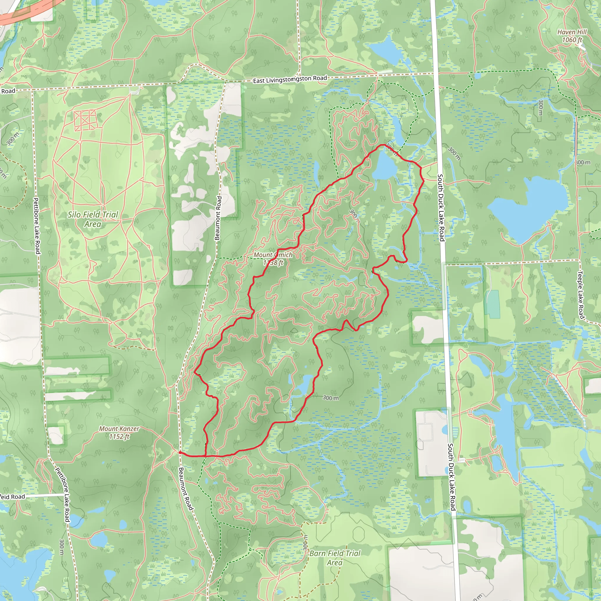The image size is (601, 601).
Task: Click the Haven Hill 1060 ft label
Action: pyautogui.click(x=572, y=36)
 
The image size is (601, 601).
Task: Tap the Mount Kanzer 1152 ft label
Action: pyautogui.click(x=119, y=432)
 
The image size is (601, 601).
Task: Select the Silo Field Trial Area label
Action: pyautogui.click(x=93, y=219)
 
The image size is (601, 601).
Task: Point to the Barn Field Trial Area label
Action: pyautogui.click(x=335, y=558)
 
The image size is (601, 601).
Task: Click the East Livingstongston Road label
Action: pyautogui.click(x=290, y=79)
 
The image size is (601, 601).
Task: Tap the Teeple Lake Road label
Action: pyautogui.click(x=580, y=295)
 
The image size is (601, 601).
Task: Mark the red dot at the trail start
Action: pyautogui.click(x=180, y=452)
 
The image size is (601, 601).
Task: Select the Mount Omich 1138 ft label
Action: pyautogui.click(x=273, y=259)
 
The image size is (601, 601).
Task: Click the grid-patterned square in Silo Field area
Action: pyautogui.click(x=85, y=120)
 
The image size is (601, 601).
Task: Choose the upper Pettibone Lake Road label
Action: pyautogui.click(x=37, y=226)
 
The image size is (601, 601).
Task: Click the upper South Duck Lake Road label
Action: pyautogui.click(x=441, y=207)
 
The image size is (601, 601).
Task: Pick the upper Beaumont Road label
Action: pyautogui.click(x=218, y=218)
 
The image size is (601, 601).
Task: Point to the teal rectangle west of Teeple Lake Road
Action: pyautogui.click(x=493, y=304)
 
